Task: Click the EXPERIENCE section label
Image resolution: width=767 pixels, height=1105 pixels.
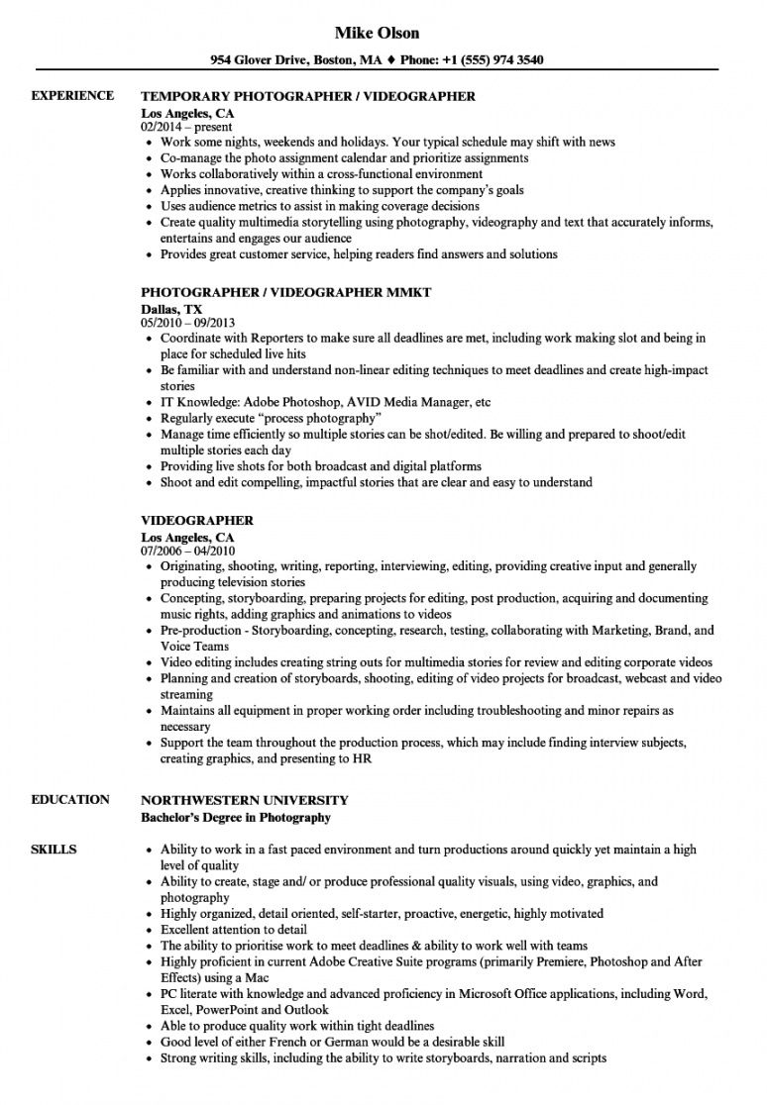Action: point(72,96)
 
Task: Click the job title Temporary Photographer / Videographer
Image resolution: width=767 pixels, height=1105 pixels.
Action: point(308,97)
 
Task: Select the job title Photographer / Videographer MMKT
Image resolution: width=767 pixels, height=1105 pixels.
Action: point(286,294)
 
